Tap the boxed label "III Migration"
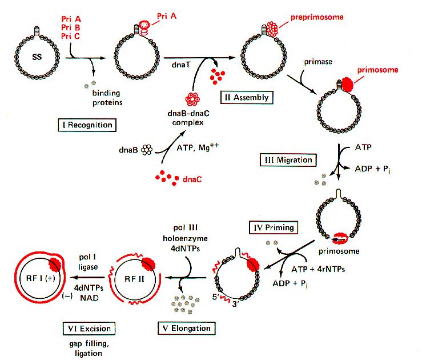pos(287,160)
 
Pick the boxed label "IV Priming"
pos(274,227)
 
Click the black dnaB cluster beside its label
pos(147,149)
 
